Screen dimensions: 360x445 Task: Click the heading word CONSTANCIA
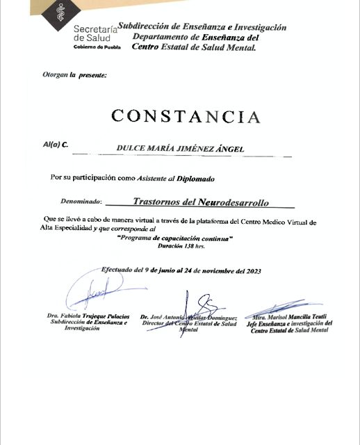186,116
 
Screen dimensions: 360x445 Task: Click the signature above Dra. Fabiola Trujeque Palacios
93,292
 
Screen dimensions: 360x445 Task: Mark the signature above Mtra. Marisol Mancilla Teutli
285,306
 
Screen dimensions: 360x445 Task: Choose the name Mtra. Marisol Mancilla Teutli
288,316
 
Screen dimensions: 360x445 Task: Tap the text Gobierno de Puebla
97,47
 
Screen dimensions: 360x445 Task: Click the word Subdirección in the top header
147,27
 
